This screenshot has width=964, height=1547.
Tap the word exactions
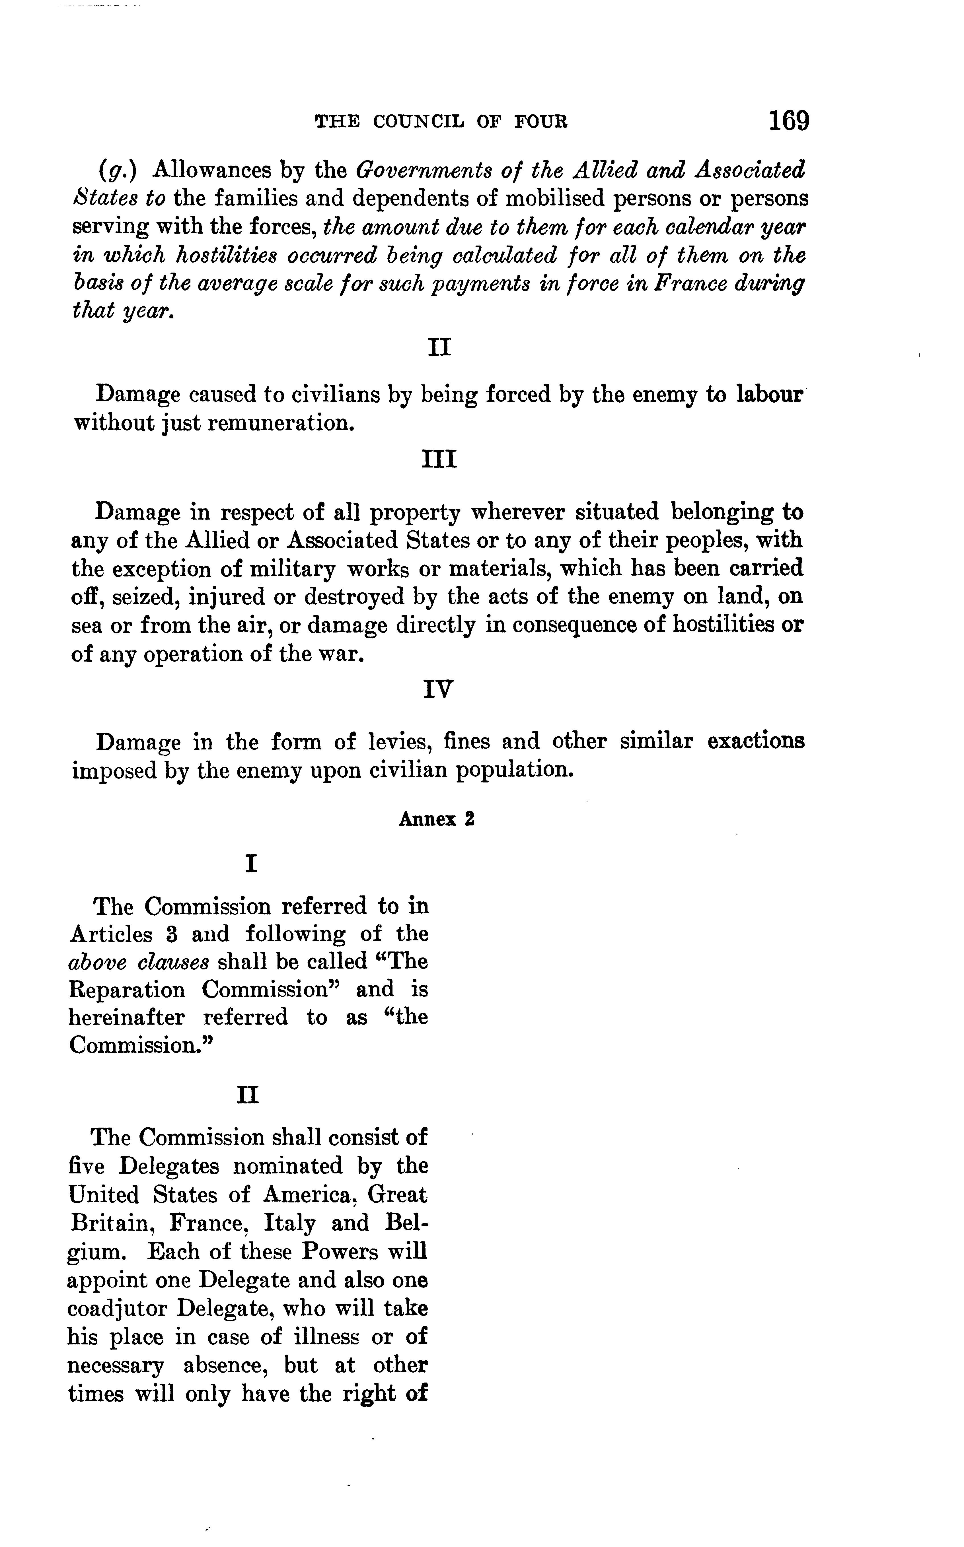(x=756, y=741)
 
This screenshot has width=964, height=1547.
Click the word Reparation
(x=126, y=990)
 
